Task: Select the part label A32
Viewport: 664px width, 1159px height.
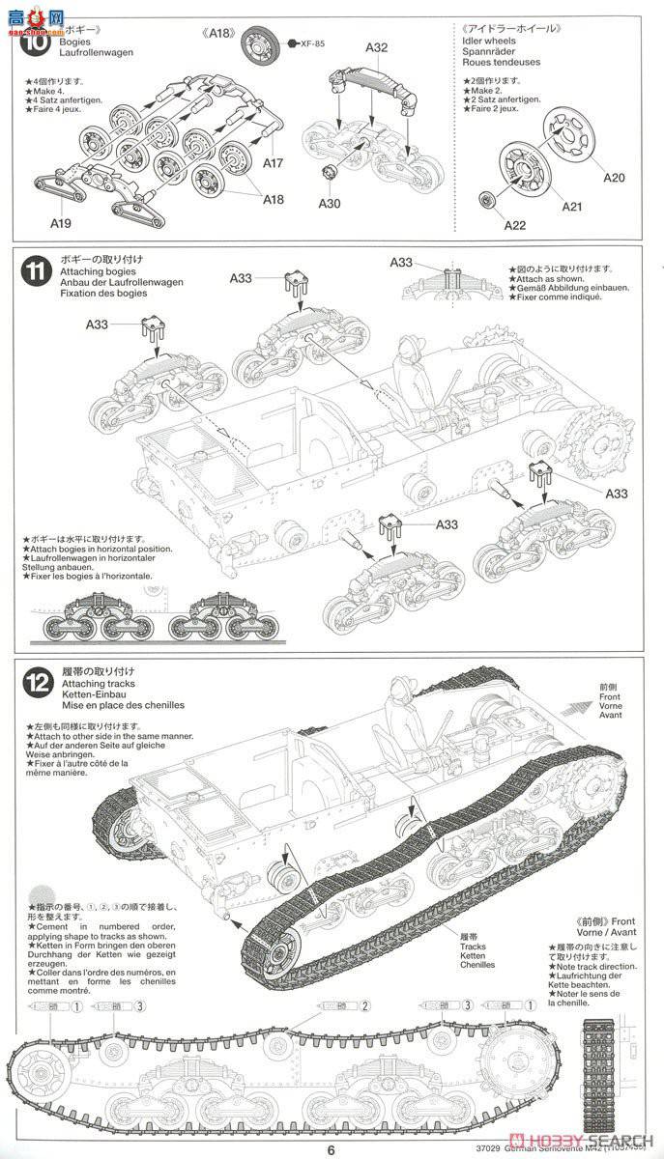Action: pyautogui.click(x=377, y=47)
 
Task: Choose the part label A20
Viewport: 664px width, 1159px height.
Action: pyautogui.click(x=615, y=177)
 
